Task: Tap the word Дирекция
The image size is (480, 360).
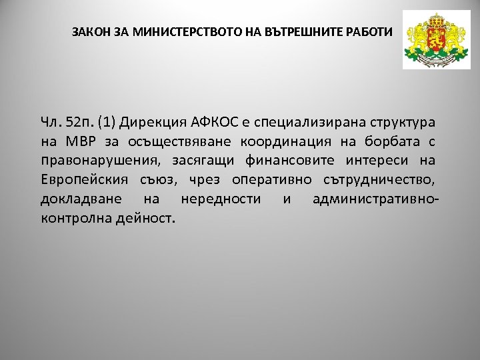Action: click(x=151, y=122)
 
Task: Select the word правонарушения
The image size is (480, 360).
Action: click(x=99, y=161)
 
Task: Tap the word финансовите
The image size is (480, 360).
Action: click(x=298, y=161)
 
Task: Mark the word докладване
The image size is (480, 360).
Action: click(x=81, y=199)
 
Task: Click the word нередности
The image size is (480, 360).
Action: click(x=221, y=199)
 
